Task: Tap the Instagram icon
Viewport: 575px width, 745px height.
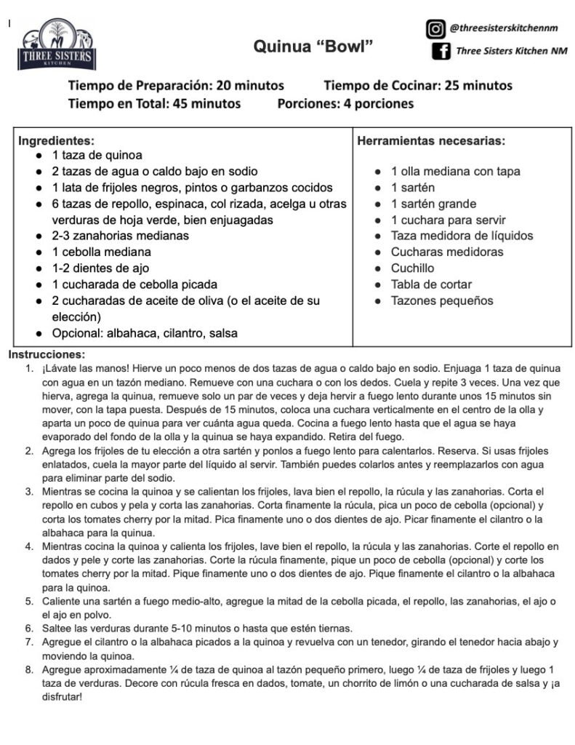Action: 435,29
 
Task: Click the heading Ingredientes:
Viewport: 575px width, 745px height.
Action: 56,140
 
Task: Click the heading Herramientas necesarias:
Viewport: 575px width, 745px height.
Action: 431,140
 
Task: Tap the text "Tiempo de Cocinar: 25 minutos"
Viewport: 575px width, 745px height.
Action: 418,85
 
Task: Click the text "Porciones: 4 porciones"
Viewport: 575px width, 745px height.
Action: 345,103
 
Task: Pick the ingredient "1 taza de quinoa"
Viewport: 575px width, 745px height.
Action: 97,156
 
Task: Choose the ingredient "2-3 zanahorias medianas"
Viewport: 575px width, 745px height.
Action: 120,236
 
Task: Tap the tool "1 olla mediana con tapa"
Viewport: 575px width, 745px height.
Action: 455,172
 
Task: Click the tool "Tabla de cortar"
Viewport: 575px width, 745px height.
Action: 431,284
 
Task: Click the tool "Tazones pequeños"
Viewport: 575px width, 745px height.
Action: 442,300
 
